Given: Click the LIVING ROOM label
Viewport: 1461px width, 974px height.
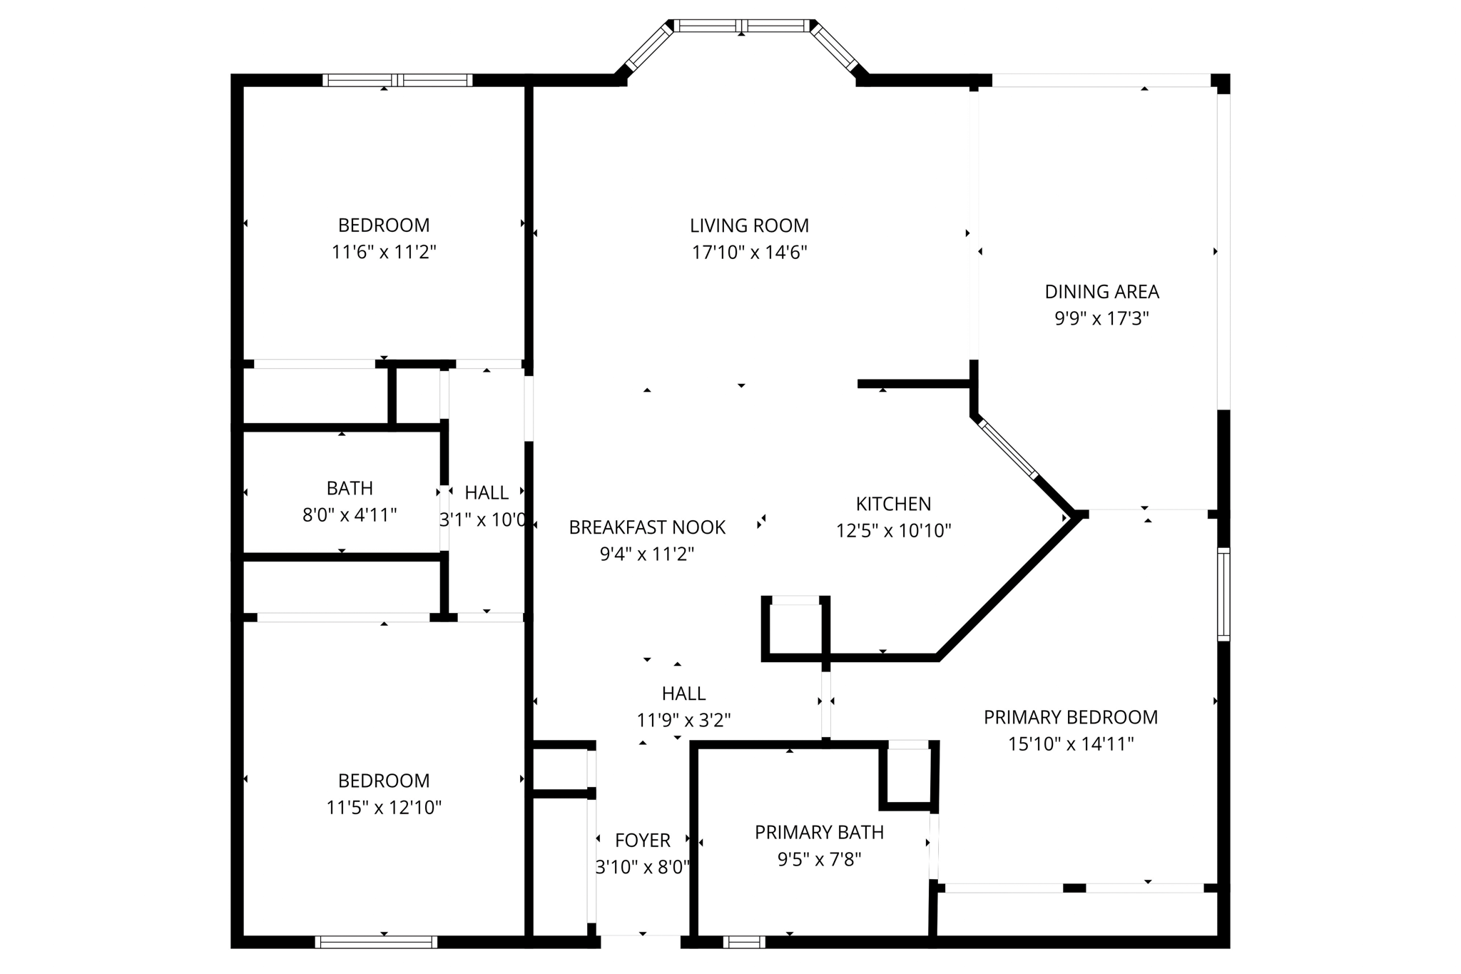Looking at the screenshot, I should coord(749,225).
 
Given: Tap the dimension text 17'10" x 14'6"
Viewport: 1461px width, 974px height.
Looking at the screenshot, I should coord(749,253).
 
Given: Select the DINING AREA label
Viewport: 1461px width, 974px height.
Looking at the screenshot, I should coord(1101,291).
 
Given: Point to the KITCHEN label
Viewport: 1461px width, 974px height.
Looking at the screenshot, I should coord(893,504).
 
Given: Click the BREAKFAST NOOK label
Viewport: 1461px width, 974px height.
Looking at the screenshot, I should coord(647,527).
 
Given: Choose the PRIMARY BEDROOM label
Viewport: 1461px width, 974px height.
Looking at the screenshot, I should coord(1070,717).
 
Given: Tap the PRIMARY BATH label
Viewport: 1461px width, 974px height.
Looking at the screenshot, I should coord(819,832).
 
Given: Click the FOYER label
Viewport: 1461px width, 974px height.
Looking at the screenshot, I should coord(642,841).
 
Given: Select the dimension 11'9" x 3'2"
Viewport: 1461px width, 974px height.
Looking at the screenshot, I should coord(683,721).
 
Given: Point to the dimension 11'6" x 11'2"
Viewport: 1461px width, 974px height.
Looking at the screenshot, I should coord(384,253).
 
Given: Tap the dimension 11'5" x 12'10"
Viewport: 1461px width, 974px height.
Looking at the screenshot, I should coord(384,808).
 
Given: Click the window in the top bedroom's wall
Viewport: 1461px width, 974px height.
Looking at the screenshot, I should coord(397,80).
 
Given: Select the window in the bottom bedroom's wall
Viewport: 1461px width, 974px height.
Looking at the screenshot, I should coord(376,942).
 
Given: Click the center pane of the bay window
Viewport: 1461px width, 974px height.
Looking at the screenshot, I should coord(742,26).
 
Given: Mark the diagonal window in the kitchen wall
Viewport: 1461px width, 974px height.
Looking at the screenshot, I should coord(1009,449).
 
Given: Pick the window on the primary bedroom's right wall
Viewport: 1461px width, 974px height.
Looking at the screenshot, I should coord(1223,594).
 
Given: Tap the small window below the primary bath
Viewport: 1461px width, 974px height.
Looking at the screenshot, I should coord(743,942).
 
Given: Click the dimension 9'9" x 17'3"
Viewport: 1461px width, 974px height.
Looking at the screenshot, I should coord(1101,318).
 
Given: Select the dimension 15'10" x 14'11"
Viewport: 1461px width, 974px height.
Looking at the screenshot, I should coord(1070,744).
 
